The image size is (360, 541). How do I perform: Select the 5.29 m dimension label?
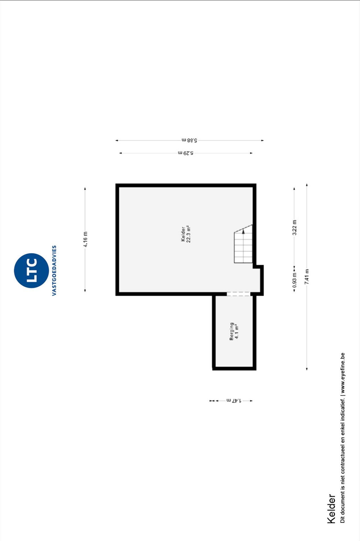point(186,153)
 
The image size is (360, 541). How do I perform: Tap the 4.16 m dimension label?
point(85,239)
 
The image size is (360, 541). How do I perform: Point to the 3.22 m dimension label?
point(294,228)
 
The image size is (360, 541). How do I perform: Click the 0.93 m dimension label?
point(294,280)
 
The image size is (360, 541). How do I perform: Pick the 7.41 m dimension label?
point(307,276)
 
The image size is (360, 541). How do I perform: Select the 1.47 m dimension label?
point(234,401)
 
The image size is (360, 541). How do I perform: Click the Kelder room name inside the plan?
point(183,234)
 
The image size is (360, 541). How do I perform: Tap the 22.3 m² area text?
point(188,234)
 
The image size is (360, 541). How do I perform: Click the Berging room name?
point(232,331)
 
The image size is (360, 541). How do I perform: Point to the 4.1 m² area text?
point(237,331)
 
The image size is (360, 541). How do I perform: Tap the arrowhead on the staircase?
point(243,231)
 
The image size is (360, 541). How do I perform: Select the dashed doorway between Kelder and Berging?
point(238,294)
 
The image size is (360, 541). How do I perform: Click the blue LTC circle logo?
point(31,270)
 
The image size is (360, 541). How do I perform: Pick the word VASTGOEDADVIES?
point(54,270)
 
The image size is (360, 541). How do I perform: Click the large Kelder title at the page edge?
point(331,509)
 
